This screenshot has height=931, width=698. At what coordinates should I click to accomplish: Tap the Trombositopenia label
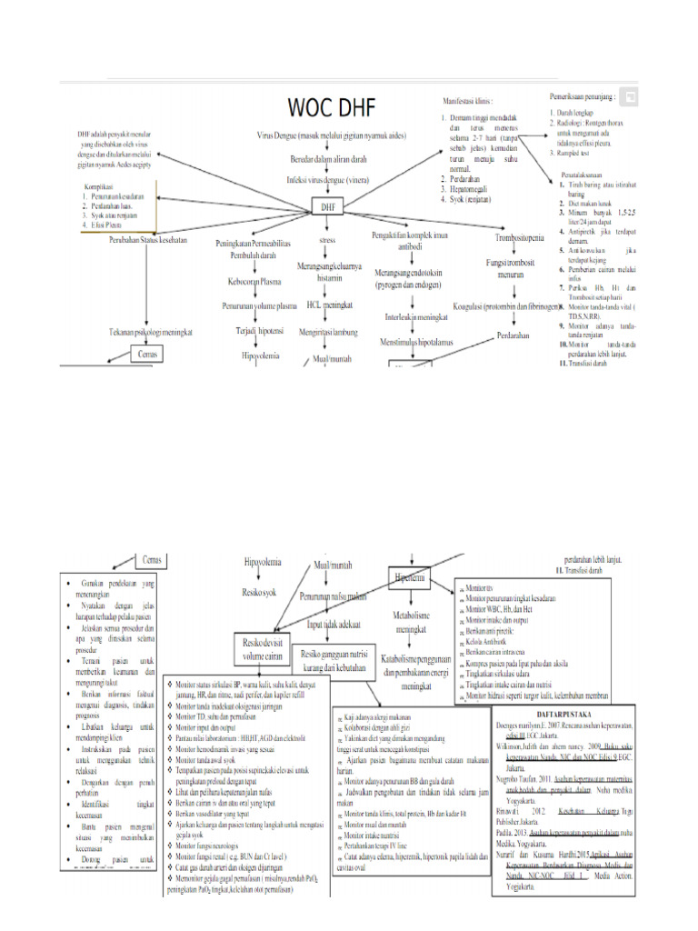[520, 238]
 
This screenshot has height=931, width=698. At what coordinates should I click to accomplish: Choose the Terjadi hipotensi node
[260, 332]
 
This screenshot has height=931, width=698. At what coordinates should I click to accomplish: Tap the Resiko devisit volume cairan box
[261, 649]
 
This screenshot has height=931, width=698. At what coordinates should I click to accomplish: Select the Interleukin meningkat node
[416, 317]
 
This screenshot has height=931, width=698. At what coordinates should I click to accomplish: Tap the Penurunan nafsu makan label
[333, 597]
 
